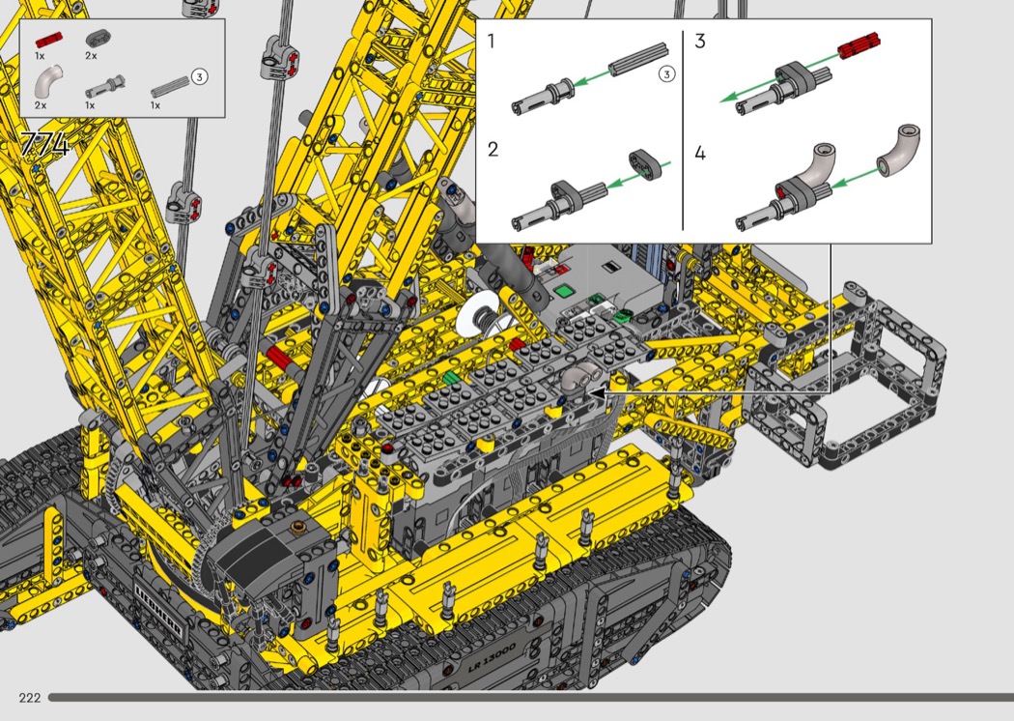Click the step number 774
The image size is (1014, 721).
click(x=45, y=145)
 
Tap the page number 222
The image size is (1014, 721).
click(x=30, y=697)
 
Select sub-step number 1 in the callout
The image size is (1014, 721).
click(x=491, y=42)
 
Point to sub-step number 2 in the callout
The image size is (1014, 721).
click(x=493, y=150)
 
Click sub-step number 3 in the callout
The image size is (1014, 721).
click(x=700, y=42)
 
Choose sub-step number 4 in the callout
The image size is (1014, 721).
click(x=700, y=154)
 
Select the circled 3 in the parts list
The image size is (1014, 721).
click(x=199, y=77)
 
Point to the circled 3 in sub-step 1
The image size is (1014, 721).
click(x=666, y=73)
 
